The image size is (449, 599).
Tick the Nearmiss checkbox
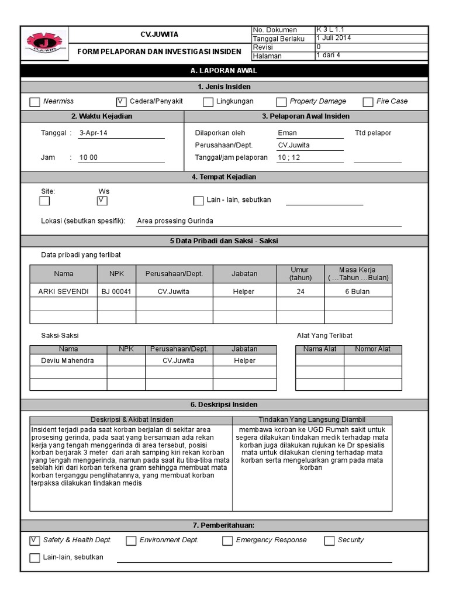point(34,102)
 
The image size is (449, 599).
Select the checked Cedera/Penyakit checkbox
point(121,102)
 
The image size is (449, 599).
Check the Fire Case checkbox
point(368,102)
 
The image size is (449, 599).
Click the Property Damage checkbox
point(281,102)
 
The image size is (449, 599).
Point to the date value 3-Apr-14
point(94,133)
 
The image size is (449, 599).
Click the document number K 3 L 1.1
point(334,30)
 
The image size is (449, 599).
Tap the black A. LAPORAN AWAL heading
point(224,71)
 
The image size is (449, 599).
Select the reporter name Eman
point(287,133)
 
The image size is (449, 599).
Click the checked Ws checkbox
point(102,201)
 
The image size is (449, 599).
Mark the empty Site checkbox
point(44,201)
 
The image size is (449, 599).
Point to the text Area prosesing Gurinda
point(175,221)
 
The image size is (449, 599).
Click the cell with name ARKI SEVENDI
point(64,291)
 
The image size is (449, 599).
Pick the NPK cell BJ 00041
point(116,291)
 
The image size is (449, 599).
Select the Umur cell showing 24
point(300,291)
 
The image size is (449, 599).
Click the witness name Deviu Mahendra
point(67,361)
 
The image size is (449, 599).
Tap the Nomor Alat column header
point(372,349)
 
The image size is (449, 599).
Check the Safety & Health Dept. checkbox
point(34,540)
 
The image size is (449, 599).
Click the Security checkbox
point(329,541)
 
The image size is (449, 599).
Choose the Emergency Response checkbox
point(227,541)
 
